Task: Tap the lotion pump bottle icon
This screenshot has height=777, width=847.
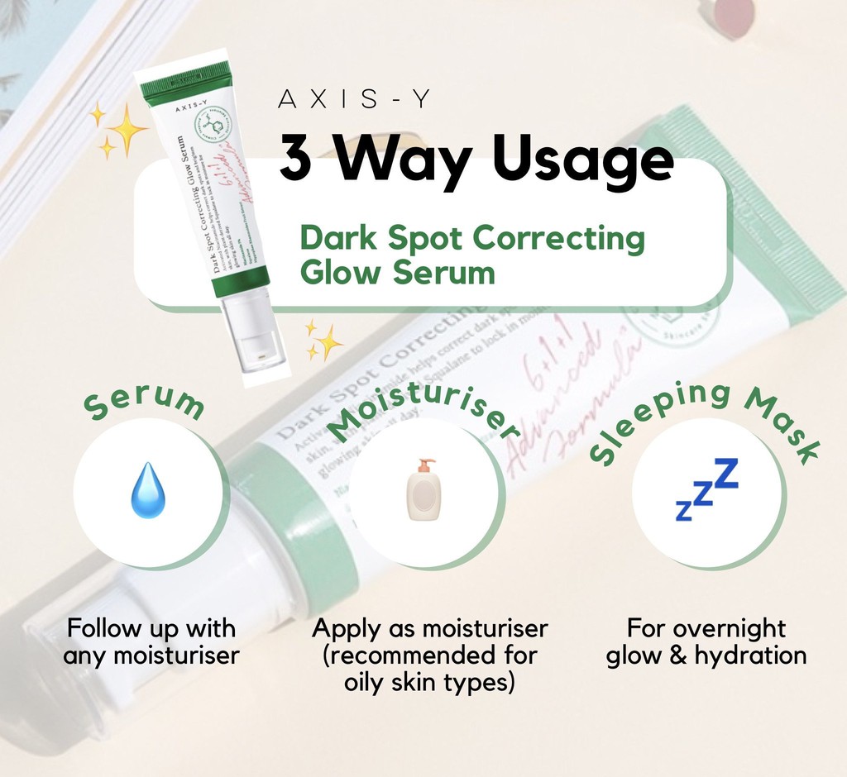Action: click(x=424, y=490)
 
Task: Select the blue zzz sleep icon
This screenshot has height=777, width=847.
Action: click(x=706, y=491)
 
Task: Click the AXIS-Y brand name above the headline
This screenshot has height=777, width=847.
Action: click(x=355, y=100)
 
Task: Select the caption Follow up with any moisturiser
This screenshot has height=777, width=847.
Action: click(x=151, y=642)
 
